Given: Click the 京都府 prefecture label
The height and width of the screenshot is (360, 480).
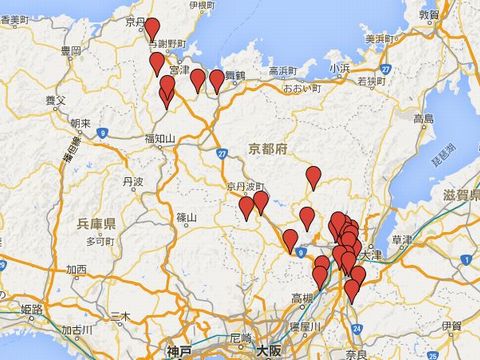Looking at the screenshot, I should pyautogui.click(x=267, y=147).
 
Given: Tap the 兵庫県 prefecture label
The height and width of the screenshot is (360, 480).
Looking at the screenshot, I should pyautogui.click(x=97, y=222).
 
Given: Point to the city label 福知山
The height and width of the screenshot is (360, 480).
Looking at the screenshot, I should pyautogui.click(x=160, y=138).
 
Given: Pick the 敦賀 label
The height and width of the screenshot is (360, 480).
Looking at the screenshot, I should pyautogui.click(x=429, y=15).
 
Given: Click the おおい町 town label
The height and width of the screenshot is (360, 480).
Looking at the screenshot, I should pyautogui.click(x=300, y=88).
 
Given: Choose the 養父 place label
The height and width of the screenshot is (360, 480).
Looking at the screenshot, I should pyautogui.click(x=56, y=101).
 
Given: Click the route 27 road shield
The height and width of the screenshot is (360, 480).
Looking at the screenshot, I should pyautogui.click(x=221, y=153).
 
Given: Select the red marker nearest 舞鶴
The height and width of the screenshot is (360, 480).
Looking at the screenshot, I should pyautogui.click(x=217, y=80).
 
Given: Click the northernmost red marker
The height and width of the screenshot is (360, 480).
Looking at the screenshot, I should pyautogui.click(x=152, y=28).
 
